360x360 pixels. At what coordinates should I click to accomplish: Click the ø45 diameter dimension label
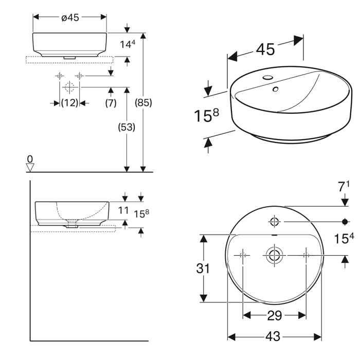pos(70,17)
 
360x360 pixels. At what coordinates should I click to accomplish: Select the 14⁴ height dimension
pos(128,45)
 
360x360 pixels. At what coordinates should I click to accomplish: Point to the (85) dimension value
pos(143,103)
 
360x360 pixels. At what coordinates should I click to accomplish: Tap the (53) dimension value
pos(127,127)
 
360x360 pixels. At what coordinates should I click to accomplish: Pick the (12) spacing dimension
pos(69,103)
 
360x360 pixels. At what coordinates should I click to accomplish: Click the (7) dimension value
pos(111,103)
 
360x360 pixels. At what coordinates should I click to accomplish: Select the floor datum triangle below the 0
pos(30,168)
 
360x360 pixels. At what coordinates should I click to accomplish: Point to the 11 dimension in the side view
pos(123,210)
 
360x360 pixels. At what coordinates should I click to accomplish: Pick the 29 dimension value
pos(274,316)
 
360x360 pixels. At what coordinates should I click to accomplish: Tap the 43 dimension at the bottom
pos(274,337)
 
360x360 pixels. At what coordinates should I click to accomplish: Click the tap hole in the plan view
pos(274,222)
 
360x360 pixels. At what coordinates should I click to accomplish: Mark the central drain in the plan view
pos(274,255)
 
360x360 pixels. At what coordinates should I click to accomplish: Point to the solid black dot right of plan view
pos(346,222)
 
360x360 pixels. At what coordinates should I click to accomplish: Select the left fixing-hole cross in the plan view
pos(243,255)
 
